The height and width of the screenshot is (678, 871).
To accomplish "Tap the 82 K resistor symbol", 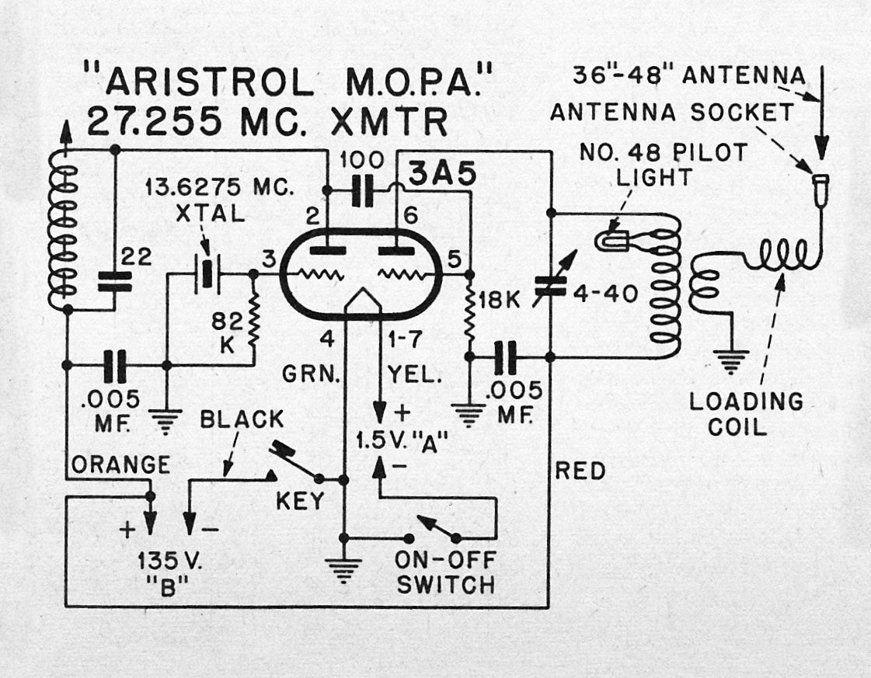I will tap(253, 319).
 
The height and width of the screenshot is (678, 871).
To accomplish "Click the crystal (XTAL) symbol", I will tap(207, 273).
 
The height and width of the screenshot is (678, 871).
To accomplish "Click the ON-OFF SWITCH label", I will tap(445, 572).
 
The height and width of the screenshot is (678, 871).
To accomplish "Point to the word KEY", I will tap(299, 502).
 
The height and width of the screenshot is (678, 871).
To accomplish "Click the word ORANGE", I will tap(120, 464).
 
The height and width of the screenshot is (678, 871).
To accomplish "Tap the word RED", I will tap(581, 471).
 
